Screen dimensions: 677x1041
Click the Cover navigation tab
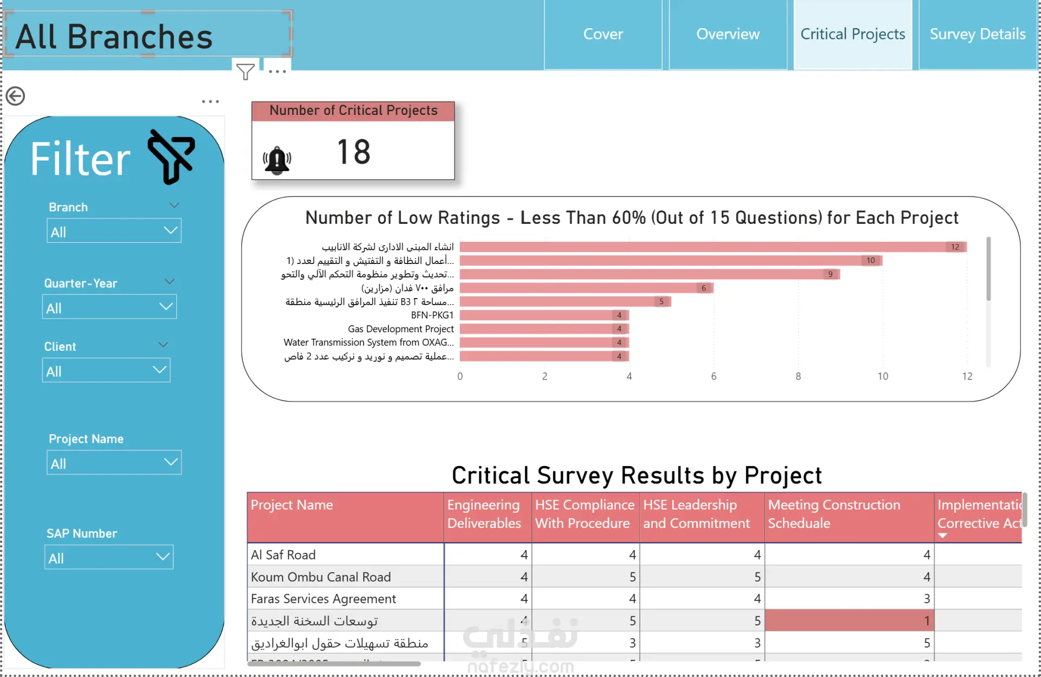[603, 34]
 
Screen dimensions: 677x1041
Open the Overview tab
[728, 34]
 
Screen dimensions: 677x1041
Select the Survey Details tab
[977, 34]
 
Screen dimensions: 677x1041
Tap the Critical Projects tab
[852, 34]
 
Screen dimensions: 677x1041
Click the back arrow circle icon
[16, 96]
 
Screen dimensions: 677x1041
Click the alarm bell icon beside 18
[277, 160]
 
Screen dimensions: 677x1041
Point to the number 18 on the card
[354, 152]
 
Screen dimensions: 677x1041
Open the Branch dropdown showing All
[114, 231]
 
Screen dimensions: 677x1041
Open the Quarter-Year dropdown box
[110, 307]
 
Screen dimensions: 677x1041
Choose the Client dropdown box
[106, 371]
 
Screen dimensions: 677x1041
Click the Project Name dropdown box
[114, 463]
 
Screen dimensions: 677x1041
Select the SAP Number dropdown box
[109, 558]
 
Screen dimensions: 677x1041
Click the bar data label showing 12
[955, 247]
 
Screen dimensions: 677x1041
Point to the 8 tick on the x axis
[798, 376]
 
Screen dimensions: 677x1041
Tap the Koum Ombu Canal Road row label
[321, 577]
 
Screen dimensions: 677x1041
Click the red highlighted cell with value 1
[849, 621]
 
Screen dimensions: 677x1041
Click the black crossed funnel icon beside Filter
[172, 156]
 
